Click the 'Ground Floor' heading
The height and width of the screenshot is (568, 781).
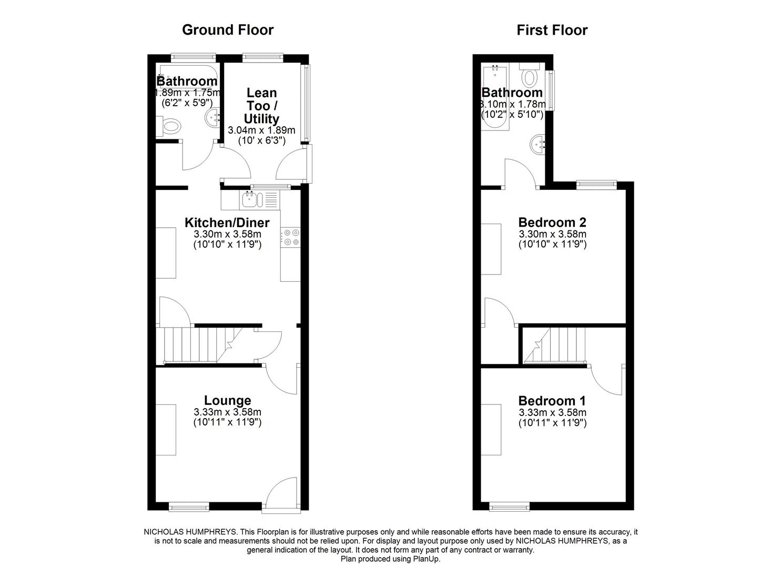(x=228, y=30)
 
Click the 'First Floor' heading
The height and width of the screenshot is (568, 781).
(x=552, y=30)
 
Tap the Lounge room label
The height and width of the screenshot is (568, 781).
(x=227, y=401)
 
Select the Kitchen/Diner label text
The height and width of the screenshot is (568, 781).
(x=227, y=222)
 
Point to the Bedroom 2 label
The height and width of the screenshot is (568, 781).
(x=552, y=222)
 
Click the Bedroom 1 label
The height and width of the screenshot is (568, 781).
(x=552, y=401)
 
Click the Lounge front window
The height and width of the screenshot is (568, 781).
(x=189, y=506)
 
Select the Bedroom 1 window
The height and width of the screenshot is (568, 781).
(x=509, y=506)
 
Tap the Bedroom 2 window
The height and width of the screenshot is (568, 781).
(x=596, y=184)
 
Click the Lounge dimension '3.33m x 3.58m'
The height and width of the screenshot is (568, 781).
(x=227, y=413)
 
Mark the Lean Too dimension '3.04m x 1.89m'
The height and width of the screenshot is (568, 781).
(x=261, y=130)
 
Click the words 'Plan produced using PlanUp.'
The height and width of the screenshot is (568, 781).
(x=390, y=559)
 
